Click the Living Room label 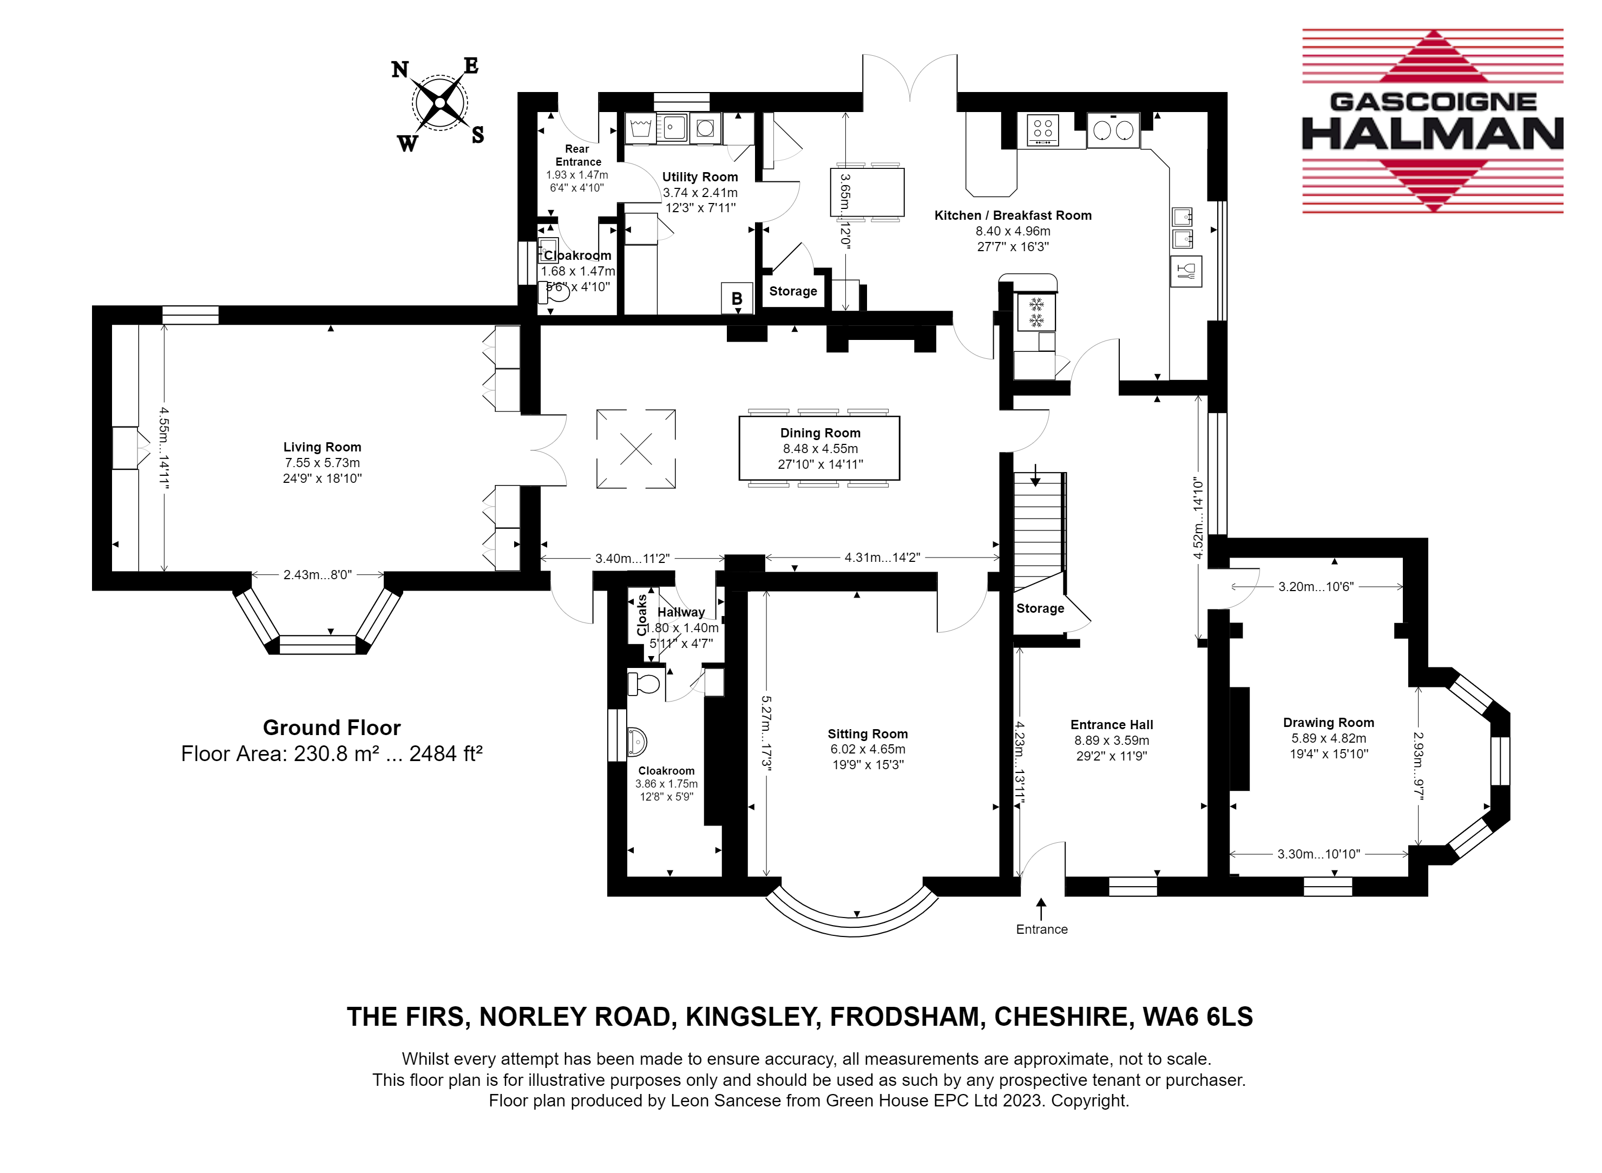[x=322, y=447]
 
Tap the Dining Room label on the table [x=820, y=432]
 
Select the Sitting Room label [x=868, y=733]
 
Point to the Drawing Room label [x=1328, y=722]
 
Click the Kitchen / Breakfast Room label [x=1013, y=215]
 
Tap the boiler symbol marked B [x=737, y=298]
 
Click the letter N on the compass [x=400, y=70]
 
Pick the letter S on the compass [x=478, y=134]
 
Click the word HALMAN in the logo [x=1433, y=134]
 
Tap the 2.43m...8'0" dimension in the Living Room [x=317, y=574]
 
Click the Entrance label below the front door [x=1041, y=929]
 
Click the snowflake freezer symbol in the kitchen [x=1036, y=312]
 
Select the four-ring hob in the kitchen [x=1043, y=130]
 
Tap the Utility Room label [x=700, y=177]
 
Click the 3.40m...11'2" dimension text [x=632, y=558]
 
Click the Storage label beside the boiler [x=793, y=291]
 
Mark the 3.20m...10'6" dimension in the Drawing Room [x=1316, y=587]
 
